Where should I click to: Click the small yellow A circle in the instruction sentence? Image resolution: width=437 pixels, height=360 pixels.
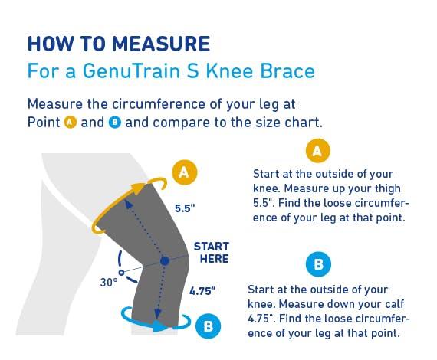pyautogui.click(x=71, y=123)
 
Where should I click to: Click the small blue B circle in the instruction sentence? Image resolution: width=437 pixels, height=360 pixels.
pyautogui.click(x=114, y=123)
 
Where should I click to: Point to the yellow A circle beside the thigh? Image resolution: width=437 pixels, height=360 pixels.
pyautogui.click(x=182, y=172)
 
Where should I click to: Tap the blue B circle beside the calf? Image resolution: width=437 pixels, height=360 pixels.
pyautogui.click(x=207, y=326)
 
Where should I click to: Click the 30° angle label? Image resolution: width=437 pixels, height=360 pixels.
pyautogui.click(x=109, y=281)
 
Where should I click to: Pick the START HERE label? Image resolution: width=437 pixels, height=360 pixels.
pyautogui.click(x=211, y=252)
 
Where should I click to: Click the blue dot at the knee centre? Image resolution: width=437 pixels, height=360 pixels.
pyautogui.click(x=164, y=261)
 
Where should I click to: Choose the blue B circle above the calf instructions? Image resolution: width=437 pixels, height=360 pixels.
pyautogui.click(x=317, y=265)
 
